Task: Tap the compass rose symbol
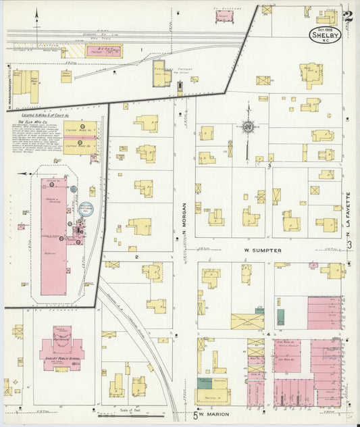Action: (x=249, y=126)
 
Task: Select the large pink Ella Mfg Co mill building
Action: (x=54, y=236)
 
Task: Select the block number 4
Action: (x=268, y=334)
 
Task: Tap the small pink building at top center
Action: (x=224, y=17)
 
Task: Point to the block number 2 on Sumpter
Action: (x=136, y=257)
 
